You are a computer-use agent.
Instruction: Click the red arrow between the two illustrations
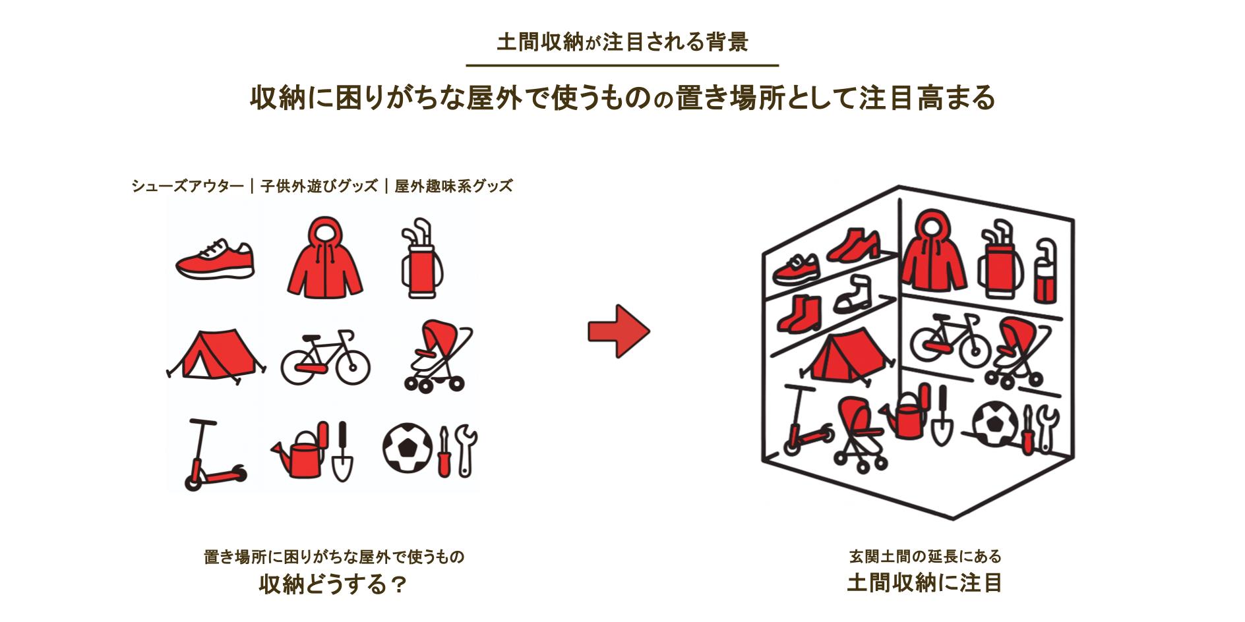618,331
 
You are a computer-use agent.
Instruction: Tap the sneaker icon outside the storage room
215,260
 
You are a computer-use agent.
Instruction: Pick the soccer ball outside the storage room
407,447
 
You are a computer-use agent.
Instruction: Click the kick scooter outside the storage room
210,457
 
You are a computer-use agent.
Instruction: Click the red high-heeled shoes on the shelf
853,244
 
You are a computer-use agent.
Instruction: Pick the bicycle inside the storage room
950,341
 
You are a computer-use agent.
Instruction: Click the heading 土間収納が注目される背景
622,42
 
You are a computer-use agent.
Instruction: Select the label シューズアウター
187,186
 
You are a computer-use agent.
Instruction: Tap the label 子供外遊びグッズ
319,186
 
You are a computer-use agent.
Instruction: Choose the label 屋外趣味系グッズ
454,186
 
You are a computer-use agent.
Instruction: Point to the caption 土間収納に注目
925,583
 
